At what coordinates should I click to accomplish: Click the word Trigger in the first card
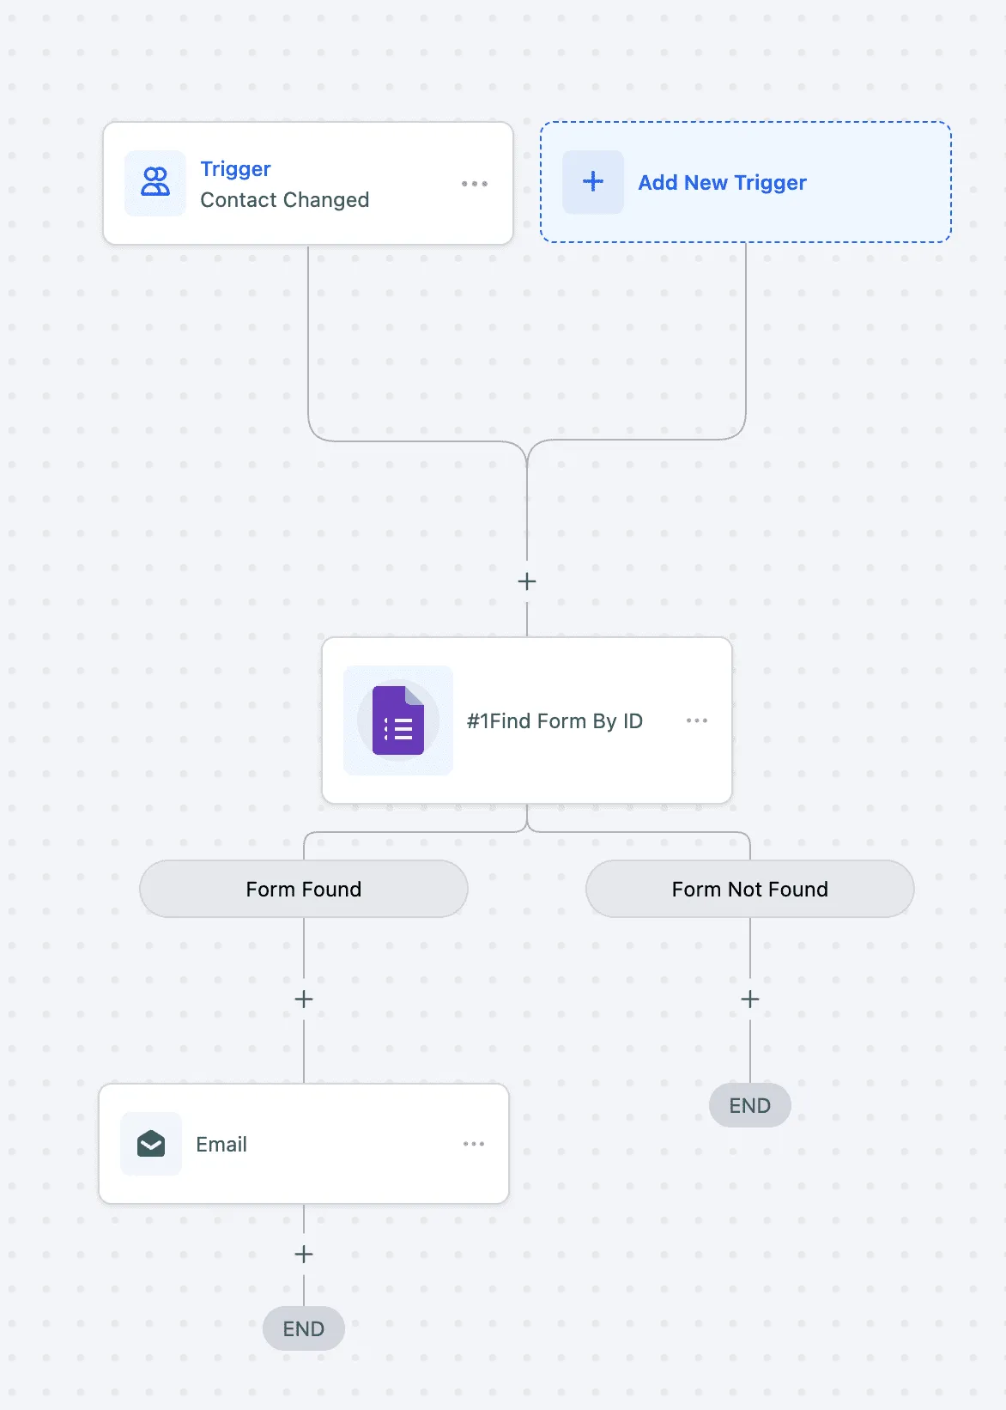pyautogui.click(x=235, y=168)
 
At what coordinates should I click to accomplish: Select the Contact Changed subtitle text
pyautogui.click(x=284, y=200)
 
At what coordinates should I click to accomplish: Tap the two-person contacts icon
pyautogui.click(x=155, y=182)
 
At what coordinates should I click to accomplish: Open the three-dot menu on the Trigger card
pyautogui.click(x=474, y=184)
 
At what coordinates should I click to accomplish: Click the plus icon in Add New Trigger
pyautogui.click(x=592, y=181)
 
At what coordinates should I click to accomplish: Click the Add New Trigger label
pyautogui.click(x=722, y=183)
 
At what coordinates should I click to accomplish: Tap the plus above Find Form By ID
pyautogui.click(x=527, y=581)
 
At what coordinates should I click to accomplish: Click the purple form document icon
pyautogui.click(x=398, y=720)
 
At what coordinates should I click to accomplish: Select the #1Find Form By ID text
pyautogui.click(x=555, y=720)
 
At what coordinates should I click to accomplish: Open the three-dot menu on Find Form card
pyautogui.click(x=696, y=720)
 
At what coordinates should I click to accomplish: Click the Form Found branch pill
pyautogui.click(x=304, y=889)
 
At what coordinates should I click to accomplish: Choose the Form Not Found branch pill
pyautogui.click(x=749, y=889)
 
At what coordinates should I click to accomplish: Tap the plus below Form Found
pyautogui.click(x=304, y=1000)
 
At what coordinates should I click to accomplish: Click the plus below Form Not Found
pyautogui.click(x=750, y=1000)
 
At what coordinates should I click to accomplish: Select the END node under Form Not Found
pyautogui.click(x=749, y=1105)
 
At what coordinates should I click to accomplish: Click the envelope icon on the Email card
pyautogui.click(x=151, y=1144)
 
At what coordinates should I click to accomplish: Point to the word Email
pyautogui.click(x=221, y=1145)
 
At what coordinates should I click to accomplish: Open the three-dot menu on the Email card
pyautogui.click(x=474, y=1144)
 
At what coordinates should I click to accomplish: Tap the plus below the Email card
pyautogui.click(x=304, y=1255)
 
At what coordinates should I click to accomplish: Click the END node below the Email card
pyautogui.click(x=304, y=1328)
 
